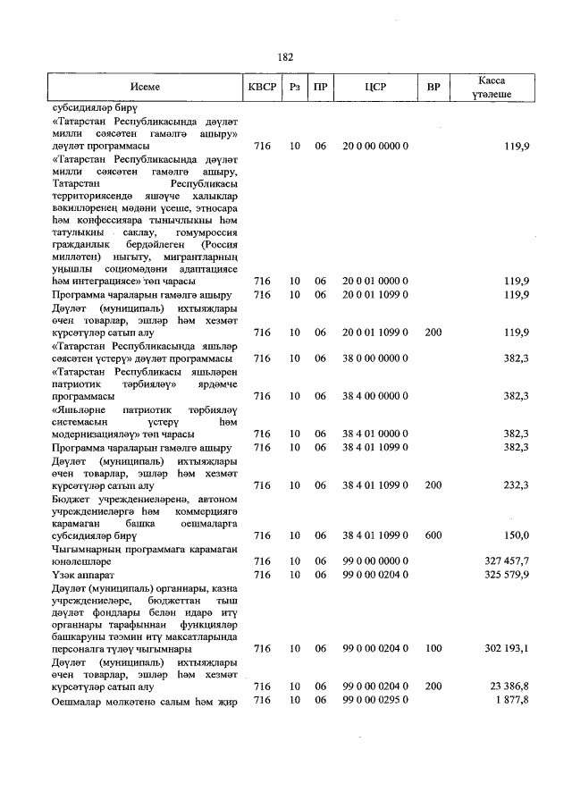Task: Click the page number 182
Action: [285, 56]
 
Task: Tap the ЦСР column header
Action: [375, 88]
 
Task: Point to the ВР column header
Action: [433, 88]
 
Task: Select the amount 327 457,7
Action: [506, 560]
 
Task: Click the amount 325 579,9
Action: [506, 574]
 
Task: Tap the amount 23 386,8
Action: [509, 687]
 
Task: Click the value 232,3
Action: [516, 485]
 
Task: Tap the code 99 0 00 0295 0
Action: [375, 699]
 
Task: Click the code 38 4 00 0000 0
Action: [375, 396]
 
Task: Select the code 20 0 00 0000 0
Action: [375, 145]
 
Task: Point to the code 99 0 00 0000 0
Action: [375, 560]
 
